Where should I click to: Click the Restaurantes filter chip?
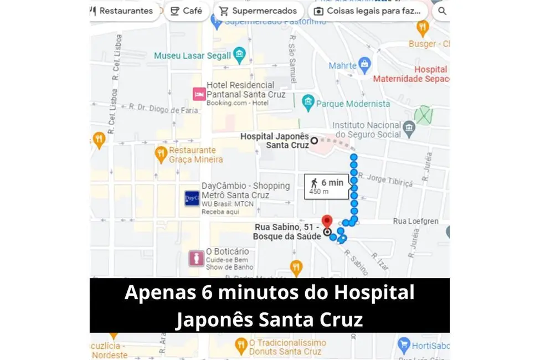click(x=121, y=11)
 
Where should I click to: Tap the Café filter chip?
click(x=186, y=11)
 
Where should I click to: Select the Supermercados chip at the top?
click(x=258, y=11)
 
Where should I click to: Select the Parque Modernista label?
click(x=353, y=104)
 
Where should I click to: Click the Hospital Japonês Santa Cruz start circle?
click(x=314, y=141)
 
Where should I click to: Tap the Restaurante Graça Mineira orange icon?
click(x=161, y=155)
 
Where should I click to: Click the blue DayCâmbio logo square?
click(x=192, y=198)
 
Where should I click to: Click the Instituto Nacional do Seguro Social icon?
click(x=409, y=129)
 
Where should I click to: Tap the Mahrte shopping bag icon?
click(x=364, y=65)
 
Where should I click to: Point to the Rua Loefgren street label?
click(x=415, y=221)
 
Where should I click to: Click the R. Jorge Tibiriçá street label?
click(x=385, y=180)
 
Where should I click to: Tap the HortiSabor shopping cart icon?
click(x=404, y=347)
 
